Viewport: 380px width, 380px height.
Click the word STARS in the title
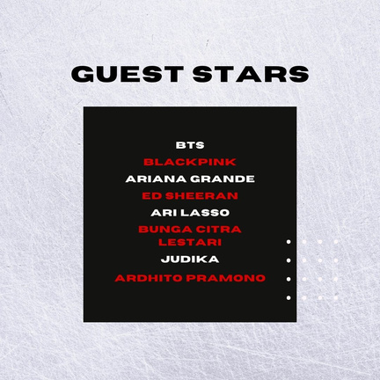[251, 74]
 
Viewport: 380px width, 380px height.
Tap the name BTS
[190, 145]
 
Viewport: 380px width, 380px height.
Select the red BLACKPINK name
[190, 162]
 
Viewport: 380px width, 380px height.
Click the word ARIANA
[156, 179]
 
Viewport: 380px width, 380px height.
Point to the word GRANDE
[223, 179]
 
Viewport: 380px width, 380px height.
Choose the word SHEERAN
[201, 196]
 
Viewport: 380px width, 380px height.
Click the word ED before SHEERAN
[152, 196]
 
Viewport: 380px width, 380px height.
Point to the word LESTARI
[190, 243]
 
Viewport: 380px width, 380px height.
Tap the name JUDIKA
[190, 259]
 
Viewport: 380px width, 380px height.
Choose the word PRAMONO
[226, 278]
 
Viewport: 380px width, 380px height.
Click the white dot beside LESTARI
[289, 242]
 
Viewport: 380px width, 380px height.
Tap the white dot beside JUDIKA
[289, 260]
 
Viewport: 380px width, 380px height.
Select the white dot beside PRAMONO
[289, 279]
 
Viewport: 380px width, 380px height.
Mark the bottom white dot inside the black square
[289, 298]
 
